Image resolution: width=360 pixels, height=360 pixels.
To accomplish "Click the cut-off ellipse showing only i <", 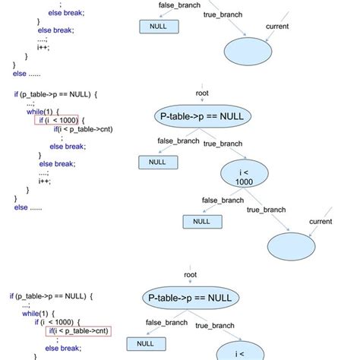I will click(240, 352).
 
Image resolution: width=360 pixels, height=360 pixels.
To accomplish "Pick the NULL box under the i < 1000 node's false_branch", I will click(201, 221).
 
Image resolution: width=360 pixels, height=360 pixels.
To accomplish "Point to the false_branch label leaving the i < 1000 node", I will click(223, 201).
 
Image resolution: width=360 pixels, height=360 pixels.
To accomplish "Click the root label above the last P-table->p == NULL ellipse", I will click(191, 274).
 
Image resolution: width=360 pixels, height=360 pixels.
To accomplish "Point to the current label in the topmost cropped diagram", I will click(276, 27).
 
